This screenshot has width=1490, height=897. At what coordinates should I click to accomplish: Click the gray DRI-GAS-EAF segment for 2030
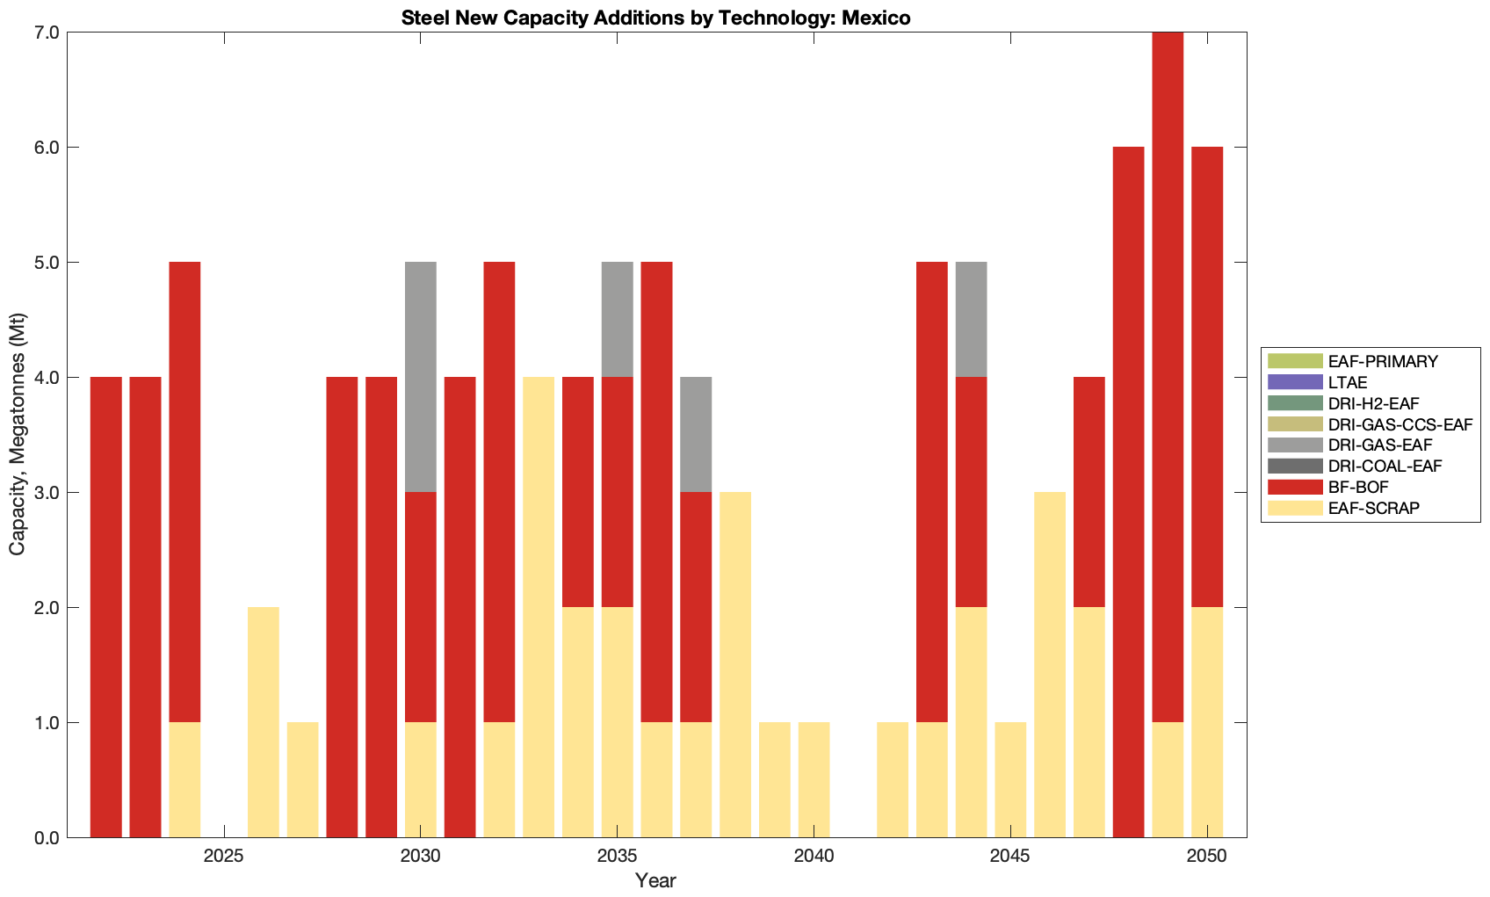pos(421,377)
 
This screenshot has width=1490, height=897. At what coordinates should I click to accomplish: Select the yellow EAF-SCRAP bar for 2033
pos(539,607)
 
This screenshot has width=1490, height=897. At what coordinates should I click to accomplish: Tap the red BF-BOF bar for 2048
pos(1128,492)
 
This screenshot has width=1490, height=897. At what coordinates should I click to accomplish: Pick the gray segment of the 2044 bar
pos(971,320)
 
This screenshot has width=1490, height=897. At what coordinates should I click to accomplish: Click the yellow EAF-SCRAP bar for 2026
pos(264,722)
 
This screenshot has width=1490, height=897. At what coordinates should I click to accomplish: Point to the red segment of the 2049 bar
pos(1168,377)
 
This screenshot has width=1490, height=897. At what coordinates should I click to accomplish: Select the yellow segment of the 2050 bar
pos(1207,722)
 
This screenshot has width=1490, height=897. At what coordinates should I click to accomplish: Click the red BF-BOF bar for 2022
pos(106,607)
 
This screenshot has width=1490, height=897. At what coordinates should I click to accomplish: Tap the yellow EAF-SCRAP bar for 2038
pos(735,665)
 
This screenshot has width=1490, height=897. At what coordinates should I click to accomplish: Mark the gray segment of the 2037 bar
pos(696,435)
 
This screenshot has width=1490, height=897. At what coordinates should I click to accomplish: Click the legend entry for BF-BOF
pos(1358,487)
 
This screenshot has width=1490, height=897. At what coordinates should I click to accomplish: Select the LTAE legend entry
pos(1348,382)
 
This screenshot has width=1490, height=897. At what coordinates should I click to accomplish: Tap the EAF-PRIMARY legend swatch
pos(1294,361)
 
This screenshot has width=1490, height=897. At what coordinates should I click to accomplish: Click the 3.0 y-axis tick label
pos(46,493)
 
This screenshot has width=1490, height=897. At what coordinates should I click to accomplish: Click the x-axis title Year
pos(656,879)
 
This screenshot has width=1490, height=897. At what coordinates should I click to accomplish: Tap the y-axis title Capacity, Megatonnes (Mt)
pos(18,435)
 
